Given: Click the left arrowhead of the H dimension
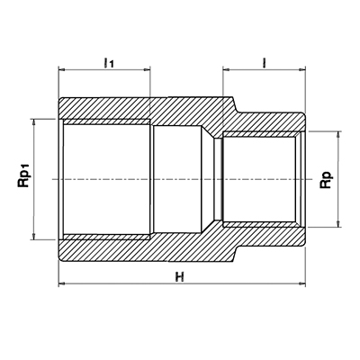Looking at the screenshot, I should (61, 283).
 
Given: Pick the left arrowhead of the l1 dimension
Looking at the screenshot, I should (61, 70).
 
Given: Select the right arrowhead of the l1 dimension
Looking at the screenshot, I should (148, 70).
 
